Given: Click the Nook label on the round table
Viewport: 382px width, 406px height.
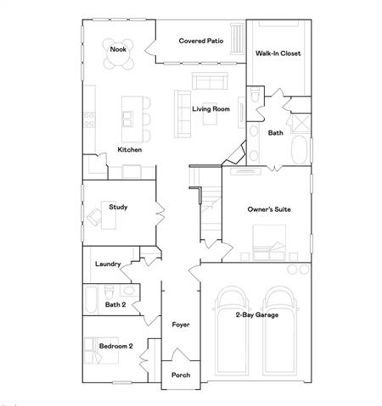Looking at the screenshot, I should click(119, 50).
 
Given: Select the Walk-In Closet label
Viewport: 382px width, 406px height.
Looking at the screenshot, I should click(278, 53).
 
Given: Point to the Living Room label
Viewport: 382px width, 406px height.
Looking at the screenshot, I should click(211, 108).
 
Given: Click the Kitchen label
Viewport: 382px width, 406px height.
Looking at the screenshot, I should click(130, 150).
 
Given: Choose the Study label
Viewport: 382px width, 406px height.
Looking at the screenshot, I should click(118, 206).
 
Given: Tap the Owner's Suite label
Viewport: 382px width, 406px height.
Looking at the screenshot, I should click(267, 209).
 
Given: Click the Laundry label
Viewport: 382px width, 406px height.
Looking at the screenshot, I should click(108, 264).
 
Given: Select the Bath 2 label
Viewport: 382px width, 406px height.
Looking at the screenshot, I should click(115, 304).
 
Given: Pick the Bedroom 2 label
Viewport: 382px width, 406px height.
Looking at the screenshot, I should click(116, 346).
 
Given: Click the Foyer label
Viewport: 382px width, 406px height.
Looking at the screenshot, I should click(181, 325).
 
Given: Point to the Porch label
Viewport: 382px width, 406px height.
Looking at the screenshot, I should click(181, 375).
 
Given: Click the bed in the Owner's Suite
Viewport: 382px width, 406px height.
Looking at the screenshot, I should click(270, 253).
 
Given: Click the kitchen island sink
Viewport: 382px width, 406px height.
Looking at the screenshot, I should click(129, 116).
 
